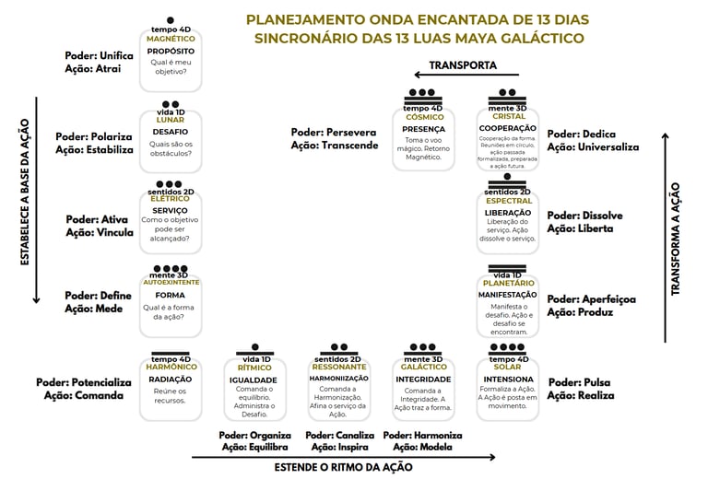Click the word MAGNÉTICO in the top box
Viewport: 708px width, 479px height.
(171, 39)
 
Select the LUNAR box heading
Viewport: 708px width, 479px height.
(171, 120)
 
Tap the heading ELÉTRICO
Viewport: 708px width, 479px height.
(171, 199)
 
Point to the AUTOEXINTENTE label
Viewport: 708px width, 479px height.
(171, 282)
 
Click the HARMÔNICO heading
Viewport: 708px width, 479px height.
(171, 367)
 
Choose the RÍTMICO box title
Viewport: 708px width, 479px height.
(254, 367)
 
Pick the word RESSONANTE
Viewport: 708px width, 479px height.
(339, 367)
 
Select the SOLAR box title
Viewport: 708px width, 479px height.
(507, 367)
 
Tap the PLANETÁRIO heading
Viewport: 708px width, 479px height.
(507, 283)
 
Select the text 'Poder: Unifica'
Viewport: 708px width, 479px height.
(99, 55)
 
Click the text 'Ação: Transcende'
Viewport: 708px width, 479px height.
(334, 146)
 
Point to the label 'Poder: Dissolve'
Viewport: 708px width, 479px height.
(584, 216)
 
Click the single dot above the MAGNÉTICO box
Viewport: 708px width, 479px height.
(171, 20)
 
